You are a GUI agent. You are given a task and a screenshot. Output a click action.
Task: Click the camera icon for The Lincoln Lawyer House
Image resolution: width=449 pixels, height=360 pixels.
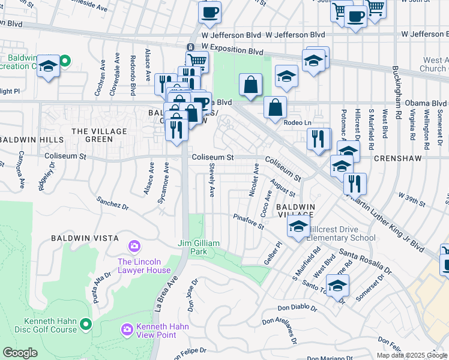[x=134, y=247]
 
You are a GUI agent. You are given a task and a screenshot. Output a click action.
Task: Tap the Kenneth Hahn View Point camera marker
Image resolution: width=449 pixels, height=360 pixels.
[x=127, y=329]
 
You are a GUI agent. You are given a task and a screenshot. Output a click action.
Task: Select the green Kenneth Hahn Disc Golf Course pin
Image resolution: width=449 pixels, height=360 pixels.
[x=86, y=325]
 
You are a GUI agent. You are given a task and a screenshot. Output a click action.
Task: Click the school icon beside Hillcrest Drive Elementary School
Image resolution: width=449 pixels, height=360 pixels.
[x=298, y=227]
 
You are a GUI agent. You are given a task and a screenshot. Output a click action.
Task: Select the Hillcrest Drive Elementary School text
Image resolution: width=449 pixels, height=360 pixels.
[x=341, y=233]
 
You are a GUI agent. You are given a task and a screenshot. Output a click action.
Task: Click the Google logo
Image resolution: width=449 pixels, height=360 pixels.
[x=20, y=353]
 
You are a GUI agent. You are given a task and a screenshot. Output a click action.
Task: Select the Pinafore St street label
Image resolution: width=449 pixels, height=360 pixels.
[x=249, y=222]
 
